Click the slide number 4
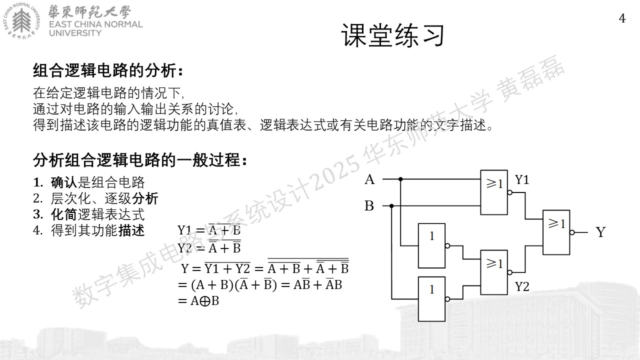coord(622,18)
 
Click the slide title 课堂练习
coord(393,35)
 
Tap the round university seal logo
coord(21,20)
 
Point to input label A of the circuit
coord(369,179)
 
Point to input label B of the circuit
coord(369,205)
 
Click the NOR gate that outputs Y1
coord(494,192)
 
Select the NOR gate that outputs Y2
coord(494,272)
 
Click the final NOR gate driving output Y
coord(556,232)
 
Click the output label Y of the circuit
coord(600,232)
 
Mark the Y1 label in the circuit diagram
coord(522,179)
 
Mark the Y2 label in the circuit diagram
coord(522,286)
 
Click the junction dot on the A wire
coord(400,179)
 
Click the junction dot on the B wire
coord(391,205)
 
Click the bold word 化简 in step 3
coord(64,214)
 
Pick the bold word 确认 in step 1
coord(64,182)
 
